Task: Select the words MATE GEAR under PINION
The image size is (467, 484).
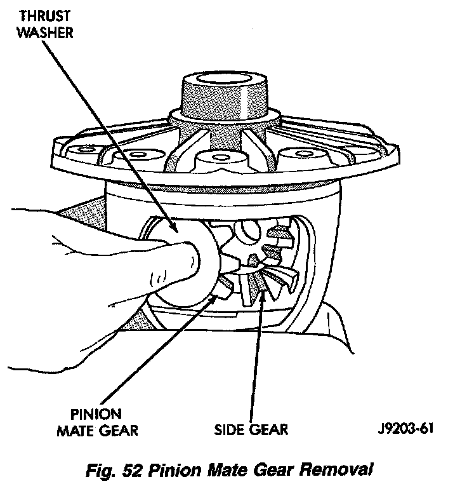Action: pos(96,431)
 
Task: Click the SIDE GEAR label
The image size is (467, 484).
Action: pos(250,430)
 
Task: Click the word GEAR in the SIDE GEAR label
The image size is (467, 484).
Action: pos(268,430)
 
